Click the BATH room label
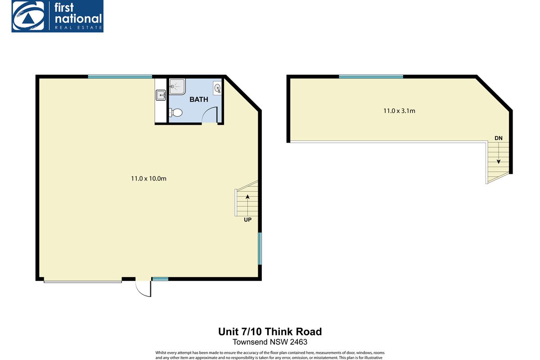pos(198,99)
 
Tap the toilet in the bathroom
pos(175,113)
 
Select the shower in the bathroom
pos(177,85)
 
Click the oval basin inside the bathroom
pos(217,88)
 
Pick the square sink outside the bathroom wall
pos(161,94)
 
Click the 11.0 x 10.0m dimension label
pos(148,179)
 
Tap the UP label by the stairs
pos(247,220)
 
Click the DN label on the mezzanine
pos(499,138)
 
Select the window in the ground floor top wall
pos(120,76)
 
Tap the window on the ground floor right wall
pos(260,248)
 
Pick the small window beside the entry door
pos(160,279)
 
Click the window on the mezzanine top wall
pos(371,76)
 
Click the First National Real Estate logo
pos(58,16)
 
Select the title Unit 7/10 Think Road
pos(270,332)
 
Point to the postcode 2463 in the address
pos(299,342)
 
